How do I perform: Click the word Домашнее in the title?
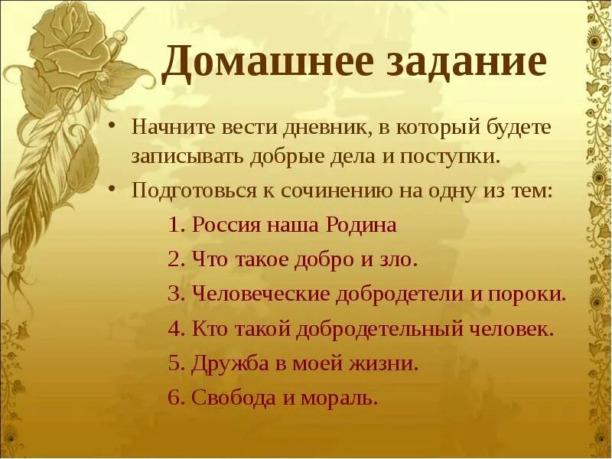click(256, 63)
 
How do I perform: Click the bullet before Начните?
click(112, 125)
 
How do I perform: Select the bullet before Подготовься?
click(112, 188)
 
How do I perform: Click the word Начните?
click(173, 127)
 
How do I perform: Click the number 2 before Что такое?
click(174, 259)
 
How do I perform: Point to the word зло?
click(399, 259)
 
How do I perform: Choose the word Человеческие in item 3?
click(262, 294)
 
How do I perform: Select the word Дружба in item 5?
click(229, 364)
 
